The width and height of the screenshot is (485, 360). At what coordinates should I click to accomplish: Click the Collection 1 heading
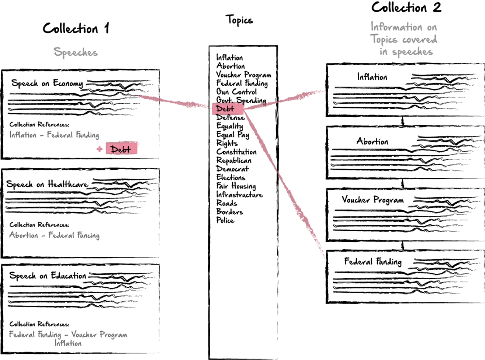(x=76, y=29)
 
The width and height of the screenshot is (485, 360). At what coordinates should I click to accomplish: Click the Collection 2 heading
(x=406, y=8)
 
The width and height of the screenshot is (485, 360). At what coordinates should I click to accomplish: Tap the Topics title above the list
(x=239, y=20)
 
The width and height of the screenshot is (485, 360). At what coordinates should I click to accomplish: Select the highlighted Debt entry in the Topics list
(x=228, y=109)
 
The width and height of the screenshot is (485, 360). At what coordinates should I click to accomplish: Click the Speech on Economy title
(x=47, y=83)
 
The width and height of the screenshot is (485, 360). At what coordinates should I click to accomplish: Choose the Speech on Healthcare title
(x=47, y=184)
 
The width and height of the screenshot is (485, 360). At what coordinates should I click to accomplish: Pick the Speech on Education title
(x=47, y=276)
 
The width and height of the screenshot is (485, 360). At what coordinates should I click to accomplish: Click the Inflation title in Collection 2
(x=372, y=77)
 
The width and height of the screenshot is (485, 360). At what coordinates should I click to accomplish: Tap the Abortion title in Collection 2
(x=372, y=141)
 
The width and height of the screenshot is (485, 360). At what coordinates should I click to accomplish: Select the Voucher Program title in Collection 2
(x=372, y=200)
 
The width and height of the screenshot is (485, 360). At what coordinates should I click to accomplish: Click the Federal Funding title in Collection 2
(x=372, y=262)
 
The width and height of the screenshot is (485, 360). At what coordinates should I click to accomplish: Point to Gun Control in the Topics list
(x=237, y=92)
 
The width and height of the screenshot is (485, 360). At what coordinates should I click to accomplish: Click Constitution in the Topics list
(x=237, y=152)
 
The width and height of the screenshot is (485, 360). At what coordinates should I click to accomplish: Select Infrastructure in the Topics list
(x=239, y=195)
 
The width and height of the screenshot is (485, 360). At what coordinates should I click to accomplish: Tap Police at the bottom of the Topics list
(x=225, y=221)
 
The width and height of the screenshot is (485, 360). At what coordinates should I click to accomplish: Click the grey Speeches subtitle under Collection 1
(x=76, y=52)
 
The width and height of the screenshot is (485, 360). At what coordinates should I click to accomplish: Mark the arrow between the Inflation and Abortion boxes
(x=403, y=121)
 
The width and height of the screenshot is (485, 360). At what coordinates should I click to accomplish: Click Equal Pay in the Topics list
(x=233, y=135)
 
